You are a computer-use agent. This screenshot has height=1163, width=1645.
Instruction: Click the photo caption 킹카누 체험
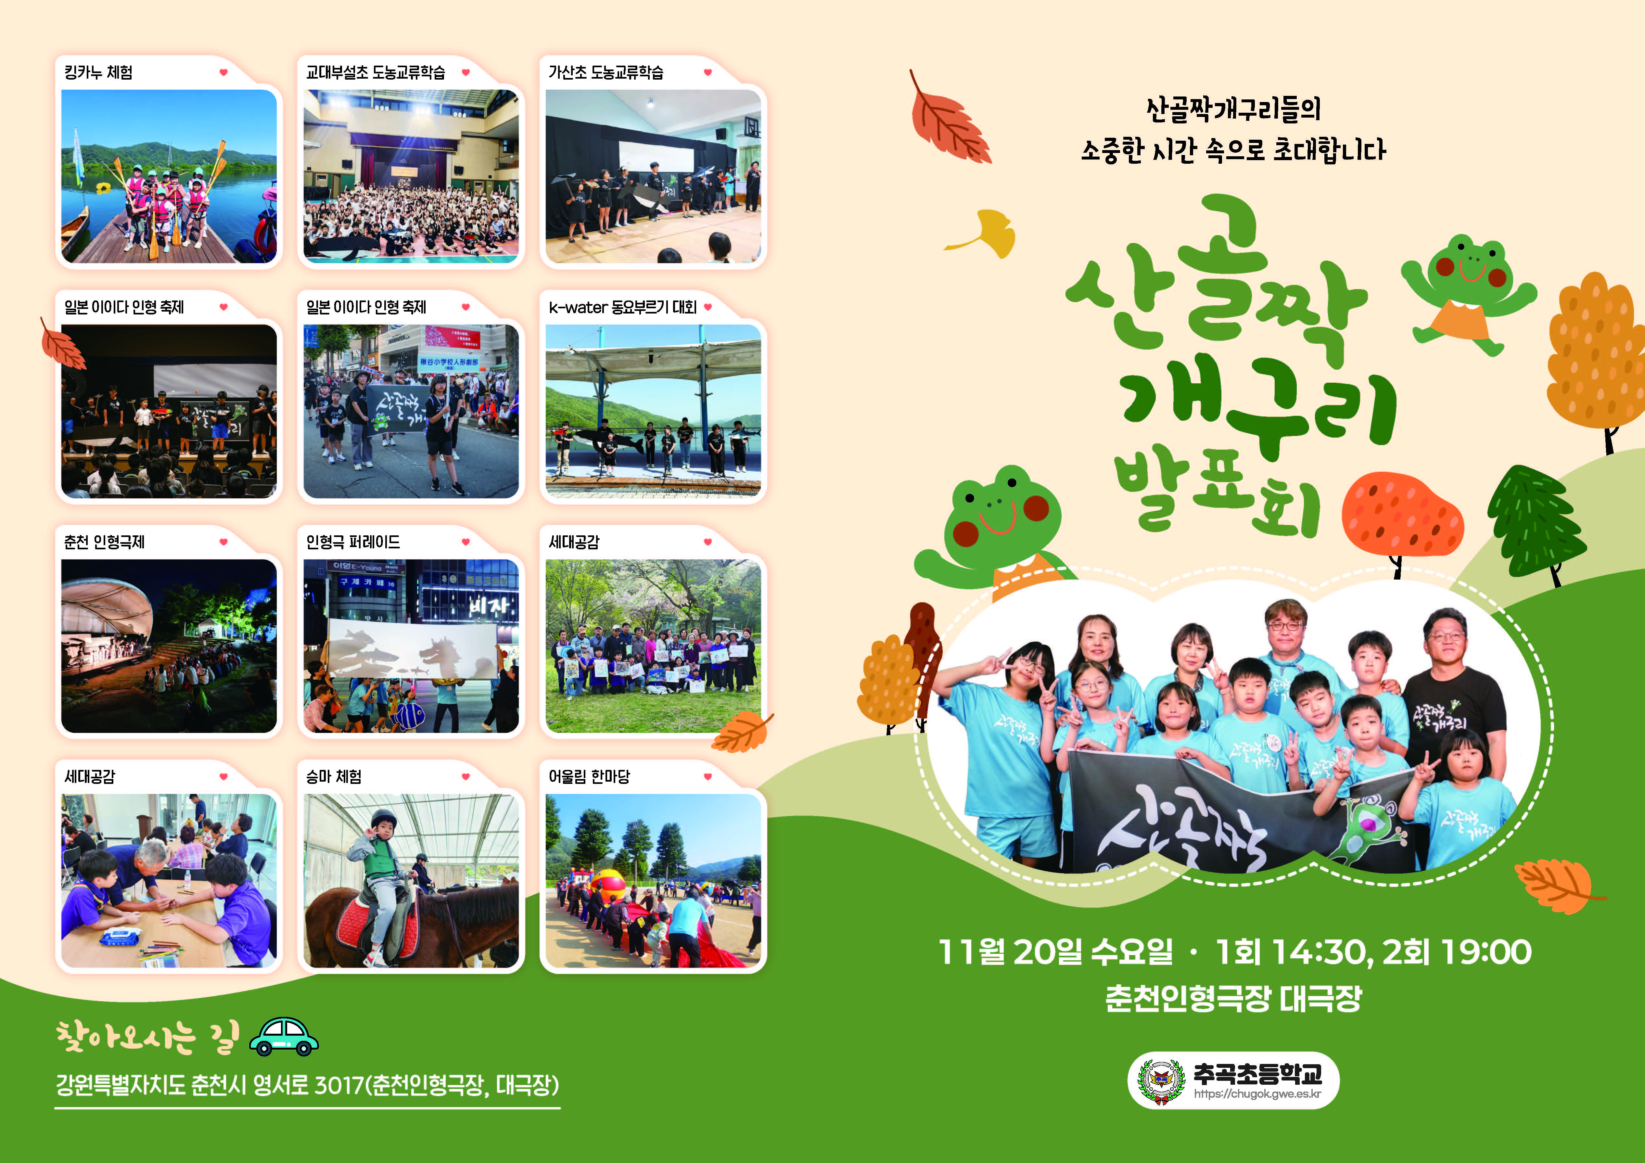coord(98,72)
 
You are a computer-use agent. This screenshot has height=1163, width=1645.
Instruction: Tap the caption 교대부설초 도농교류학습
coord(376,72)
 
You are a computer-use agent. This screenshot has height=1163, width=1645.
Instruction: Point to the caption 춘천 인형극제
coord(104,543)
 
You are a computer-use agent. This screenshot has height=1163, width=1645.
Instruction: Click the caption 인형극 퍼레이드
coord(352,543)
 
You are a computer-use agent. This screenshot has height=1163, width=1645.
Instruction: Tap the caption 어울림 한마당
coord(589,777)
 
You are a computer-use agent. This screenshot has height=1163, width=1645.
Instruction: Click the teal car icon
coord(284,1037)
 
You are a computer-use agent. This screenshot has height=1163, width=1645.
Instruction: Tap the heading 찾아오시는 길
coord(147,1038)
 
